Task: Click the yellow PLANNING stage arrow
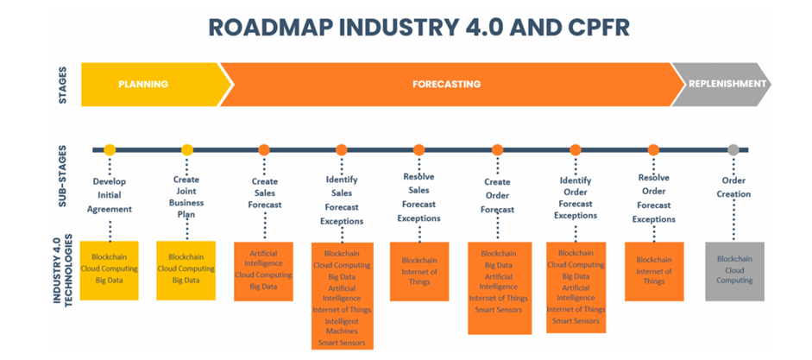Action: pos(143,85)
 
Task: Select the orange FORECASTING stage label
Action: pos(445,85)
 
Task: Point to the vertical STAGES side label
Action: pos(62,85)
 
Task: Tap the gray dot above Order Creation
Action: pos(733,150)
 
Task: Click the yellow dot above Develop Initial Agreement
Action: pos(110,150)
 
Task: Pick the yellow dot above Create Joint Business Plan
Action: pos(187,150)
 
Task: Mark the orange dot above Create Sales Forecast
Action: pos(264,150)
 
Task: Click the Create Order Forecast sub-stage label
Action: pos(497,195)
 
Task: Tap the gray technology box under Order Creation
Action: pos(735,271)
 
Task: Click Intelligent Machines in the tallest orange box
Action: pos(342,326)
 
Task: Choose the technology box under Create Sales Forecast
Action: pos(264,271)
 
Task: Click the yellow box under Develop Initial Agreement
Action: pos(110,271)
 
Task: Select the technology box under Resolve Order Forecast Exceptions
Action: pos(654,271)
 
